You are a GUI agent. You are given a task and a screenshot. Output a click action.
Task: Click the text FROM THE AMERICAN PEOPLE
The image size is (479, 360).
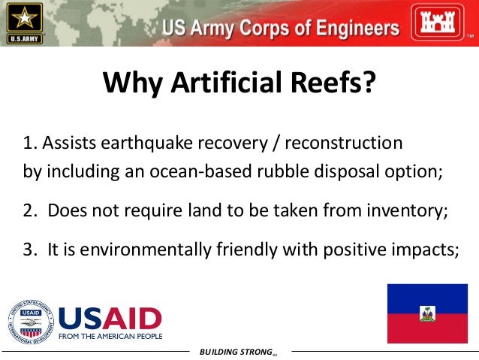[x=110, y=337]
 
